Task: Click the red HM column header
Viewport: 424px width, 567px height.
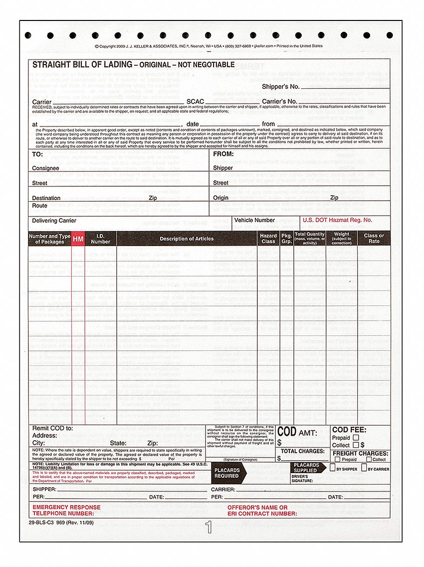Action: point(78,239)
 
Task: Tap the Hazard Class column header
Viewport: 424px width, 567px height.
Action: point(268,239)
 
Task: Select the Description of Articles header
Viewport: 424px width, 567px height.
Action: point(187,239)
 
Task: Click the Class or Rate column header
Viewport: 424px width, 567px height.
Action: point(374,239)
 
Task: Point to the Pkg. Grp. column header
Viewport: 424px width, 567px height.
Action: point(287,239)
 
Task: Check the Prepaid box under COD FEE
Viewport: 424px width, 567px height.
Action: point(356,438)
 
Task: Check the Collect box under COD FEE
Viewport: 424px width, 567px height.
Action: point(356,445)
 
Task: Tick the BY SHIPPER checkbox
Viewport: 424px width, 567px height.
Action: point(333,468)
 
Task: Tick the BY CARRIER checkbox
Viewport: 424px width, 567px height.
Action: point(364,468)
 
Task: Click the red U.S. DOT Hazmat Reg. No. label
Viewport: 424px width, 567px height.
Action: point(337,220)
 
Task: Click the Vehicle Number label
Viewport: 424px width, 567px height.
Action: point(254,220)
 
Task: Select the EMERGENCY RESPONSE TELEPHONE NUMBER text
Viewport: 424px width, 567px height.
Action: point(66,510)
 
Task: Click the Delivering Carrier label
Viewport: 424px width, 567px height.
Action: point(54,221)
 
